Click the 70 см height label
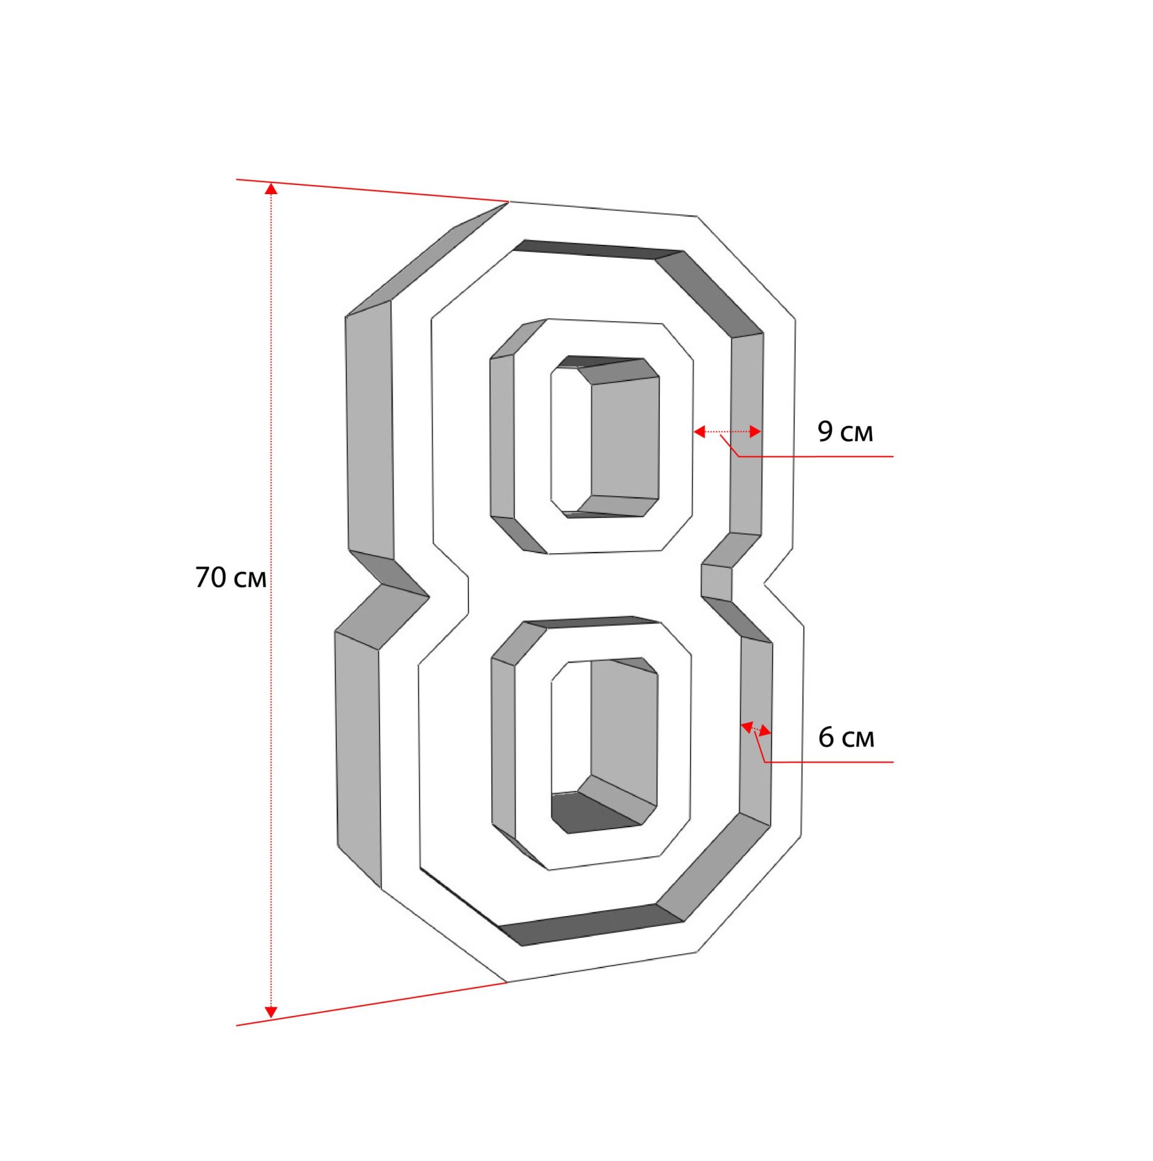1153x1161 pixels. [x=230, y=577]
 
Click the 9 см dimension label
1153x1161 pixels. [x=845, y=431]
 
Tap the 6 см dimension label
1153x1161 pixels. [x=846, y=737]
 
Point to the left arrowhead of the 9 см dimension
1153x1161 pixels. [x=699, y=431]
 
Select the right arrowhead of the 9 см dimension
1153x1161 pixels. [x=755, y=431]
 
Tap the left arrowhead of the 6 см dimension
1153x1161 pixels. [x=747, y=726]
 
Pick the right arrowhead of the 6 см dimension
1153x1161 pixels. [x=765, y=732]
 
